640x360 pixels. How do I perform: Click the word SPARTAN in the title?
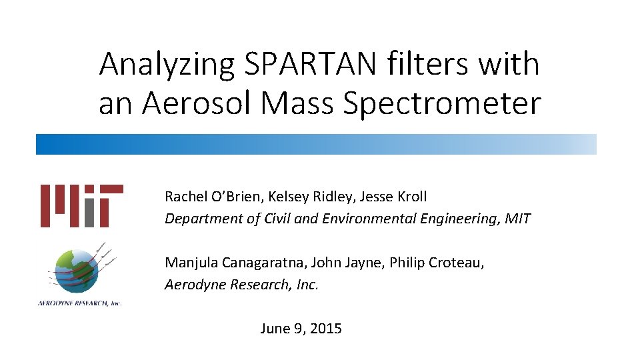click(x=311, y=65)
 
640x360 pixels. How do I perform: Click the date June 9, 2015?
click(x=301, y=328)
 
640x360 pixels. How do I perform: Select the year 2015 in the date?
click(x=325, y=328)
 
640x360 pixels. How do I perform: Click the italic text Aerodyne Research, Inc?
click(x=242, y=285)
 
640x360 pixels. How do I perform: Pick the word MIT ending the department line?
click(x=517, y=219)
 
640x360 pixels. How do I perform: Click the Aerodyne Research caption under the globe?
click(x=79, y=303)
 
